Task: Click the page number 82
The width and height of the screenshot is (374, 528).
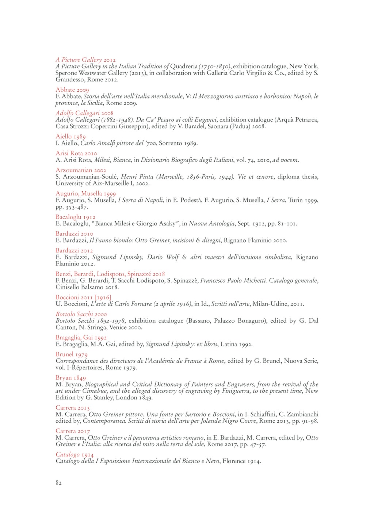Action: click(58, 483)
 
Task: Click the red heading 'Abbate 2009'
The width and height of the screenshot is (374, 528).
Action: click(72, 90)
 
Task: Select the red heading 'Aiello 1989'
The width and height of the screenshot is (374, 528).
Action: click(70, 137)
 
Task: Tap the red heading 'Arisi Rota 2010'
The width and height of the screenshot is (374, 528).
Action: click(76, 153)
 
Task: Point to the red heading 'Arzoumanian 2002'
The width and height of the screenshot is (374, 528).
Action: click(81, 170)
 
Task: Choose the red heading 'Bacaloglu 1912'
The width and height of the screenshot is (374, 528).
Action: click(75, 217)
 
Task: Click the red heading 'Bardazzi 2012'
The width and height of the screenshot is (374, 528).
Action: click(74, 251)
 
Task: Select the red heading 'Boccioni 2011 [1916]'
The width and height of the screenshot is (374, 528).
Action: click(83, 297)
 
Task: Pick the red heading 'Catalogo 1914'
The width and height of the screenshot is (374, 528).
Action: click(75, 455)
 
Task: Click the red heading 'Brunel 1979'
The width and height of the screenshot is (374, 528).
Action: click(71, 354)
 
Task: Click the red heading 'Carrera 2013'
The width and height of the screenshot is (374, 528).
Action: click(72, 408)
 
